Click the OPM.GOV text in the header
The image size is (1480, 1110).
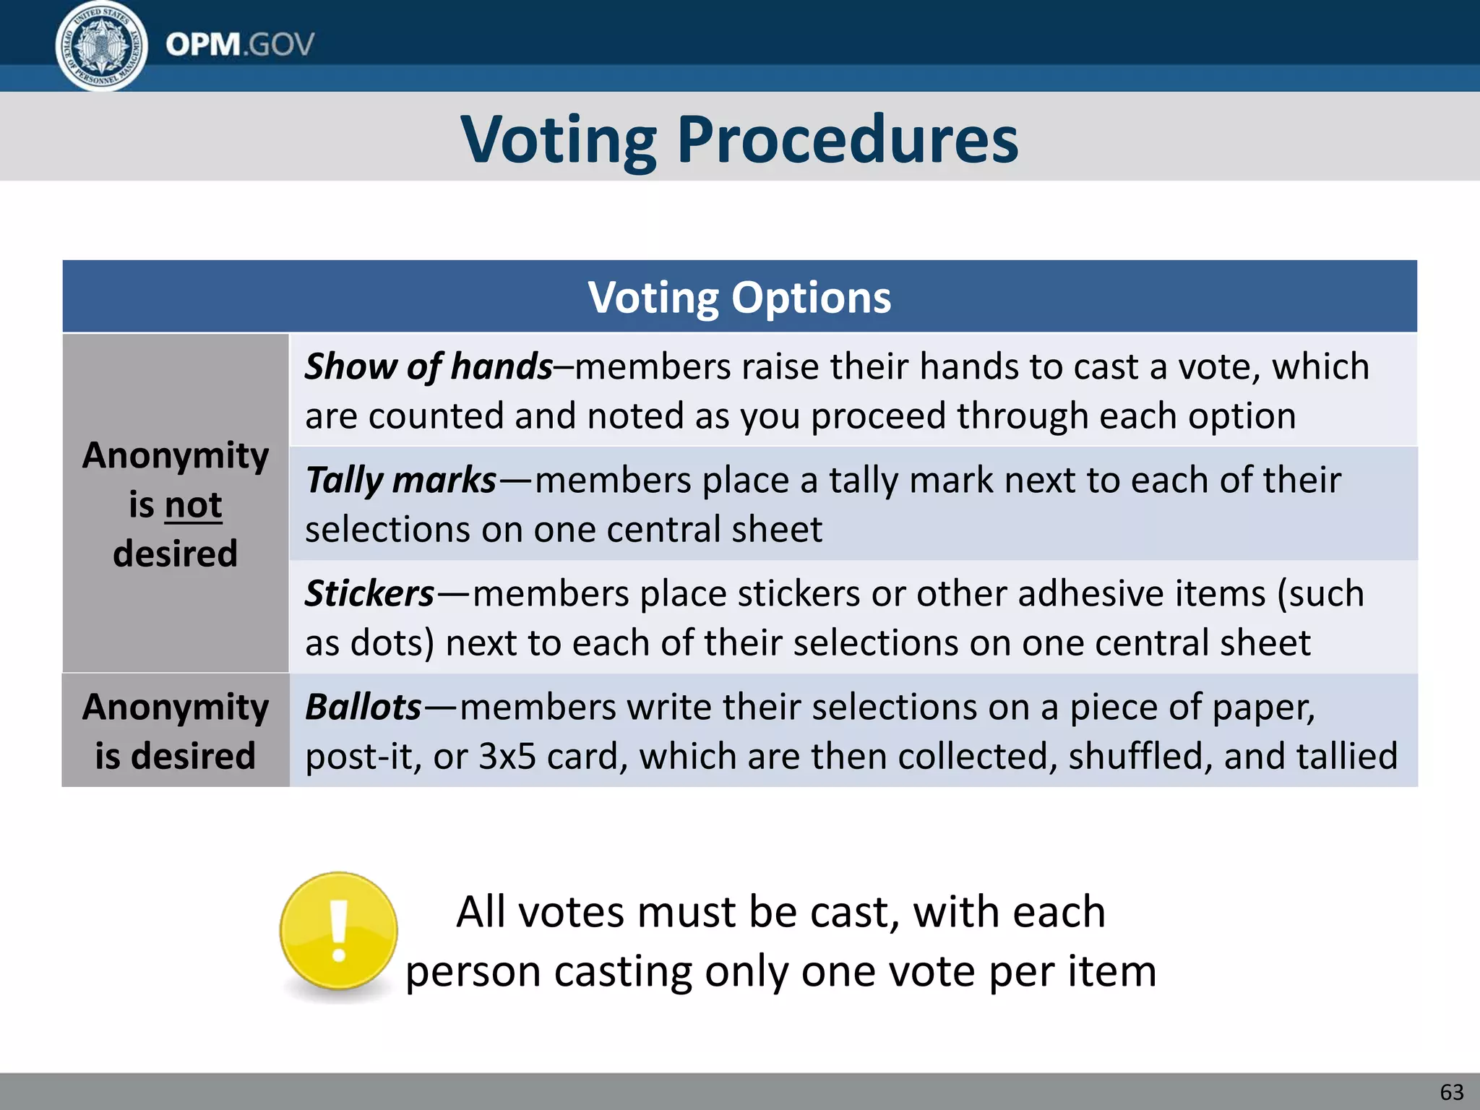pos(240,45)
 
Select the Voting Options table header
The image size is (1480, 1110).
pos(739,297)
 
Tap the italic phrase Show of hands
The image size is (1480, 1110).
pos(429,366)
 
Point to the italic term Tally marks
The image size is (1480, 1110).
pos(401,480)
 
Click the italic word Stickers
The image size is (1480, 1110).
pos(369,593)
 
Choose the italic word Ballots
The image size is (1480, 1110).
pos(363,707)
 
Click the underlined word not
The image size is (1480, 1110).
pos(193,504)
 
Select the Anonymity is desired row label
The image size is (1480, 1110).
pos(176,731)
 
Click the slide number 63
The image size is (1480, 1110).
pos(1451,1092)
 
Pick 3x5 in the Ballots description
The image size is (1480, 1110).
pos(507,757)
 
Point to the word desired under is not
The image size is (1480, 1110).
pos(176,554)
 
